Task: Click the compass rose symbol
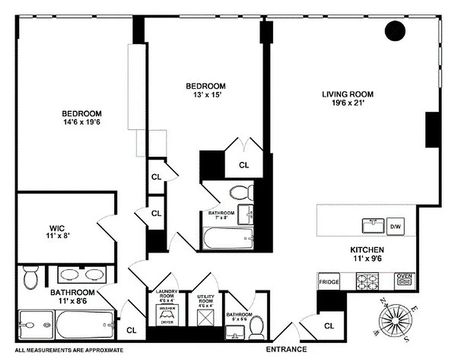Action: (x=395, y=319)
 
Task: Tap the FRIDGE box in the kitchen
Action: (x=329, y=281)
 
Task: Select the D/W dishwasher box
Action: (x=395, y=226)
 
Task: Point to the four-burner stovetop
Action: (x=367, y=281)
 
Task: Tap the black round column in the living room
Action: (x=394, y=30)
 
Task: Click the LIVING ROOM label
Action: (x=348, y=95)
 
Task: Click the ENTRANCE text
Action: (x=286, y=349)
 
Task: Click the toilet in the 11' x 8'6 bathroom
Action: (x=31, y=277)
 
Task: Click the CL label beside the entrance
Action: (x=329, y=326)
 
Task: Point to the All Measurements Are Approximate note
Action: (x=69, y=350)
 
